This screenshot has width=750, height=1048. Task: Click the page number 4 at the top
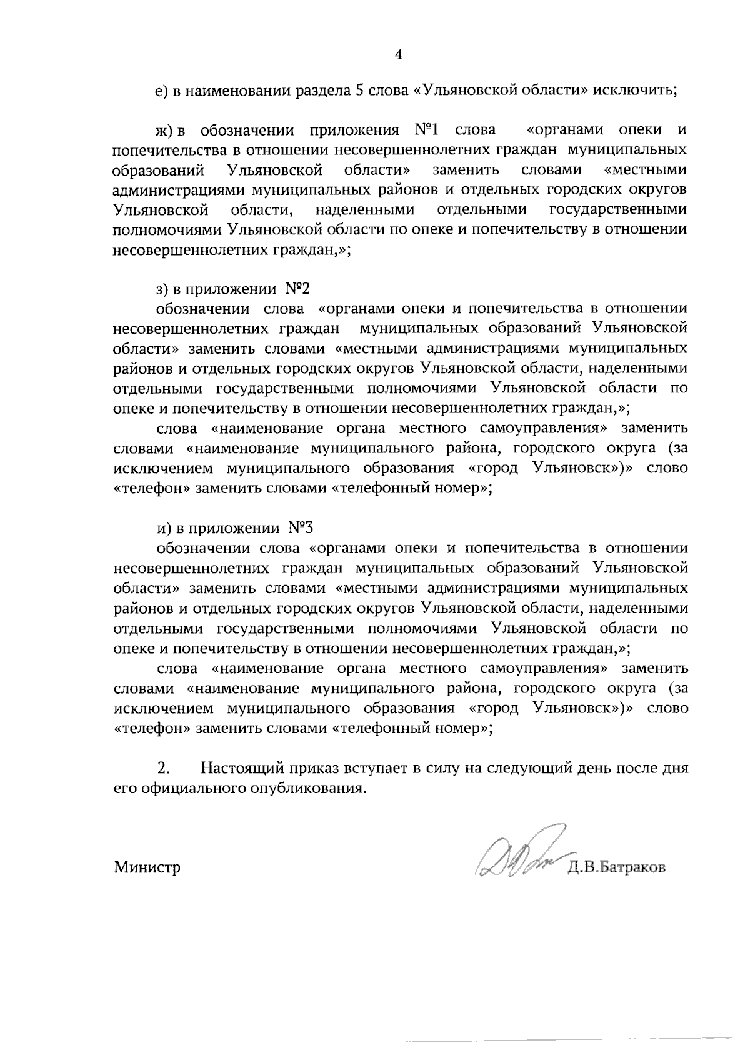(399, 55)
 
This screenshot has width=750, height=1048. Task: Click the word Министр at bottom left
(147, 867)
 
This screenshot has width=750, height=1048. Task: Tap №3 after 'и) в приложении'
(300, 528)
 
